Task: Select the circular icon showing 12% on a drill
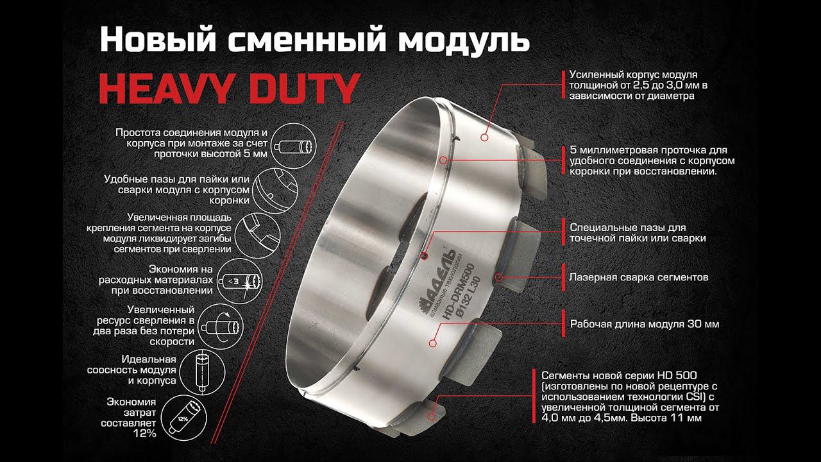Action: [x=184, y=417]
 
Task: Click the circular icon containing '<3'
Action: [x=240, y=281]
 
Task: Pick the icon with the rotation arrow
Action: [x=220, y=326]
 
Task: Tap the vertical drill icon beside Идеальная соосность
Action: [x=203, y=372]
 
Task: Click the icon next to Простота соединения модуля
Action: [x=294, y=146]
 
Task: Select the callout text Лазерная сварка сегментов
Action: [x=638, y=277]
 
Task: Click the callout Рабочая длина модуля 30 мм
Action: [x=645, y=324]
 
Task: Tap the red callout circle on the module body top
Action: [x=484, y=137]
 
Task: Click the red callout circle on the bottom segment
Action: [x=432, y=416]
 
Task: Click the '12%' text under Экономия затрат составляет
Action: [x=145, y=433]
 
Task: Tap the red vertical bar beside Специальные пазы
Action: [x=563, y=232]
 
